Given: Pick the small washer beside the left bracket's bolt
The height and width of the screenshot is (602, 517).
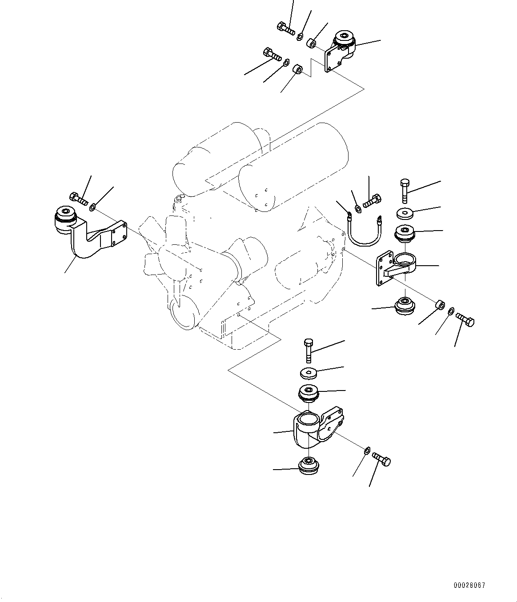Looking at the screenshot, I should pyautogui.click(x=92, y=207).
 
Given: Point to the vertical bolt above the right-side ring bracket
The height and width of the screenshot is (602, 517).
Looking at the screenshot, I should pyautogui.click(x=405, y=191).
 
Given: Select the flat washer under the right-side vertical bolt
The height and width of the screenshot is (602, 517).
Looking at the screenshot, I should pyautogui.click(x=405, y=213).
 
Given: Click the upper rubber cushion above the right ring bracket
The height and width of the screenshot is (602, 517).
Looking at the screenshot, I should pyautogui.click(x=405, y=234).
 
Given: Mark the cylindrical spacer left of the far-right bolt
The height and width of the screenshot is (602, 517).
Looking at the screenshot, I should pyautogui.click(x=439, y=306).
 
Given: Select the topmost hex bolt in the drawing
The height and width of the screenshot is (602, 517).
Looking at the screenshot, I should pyautogui.click(x=285, y=28).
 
